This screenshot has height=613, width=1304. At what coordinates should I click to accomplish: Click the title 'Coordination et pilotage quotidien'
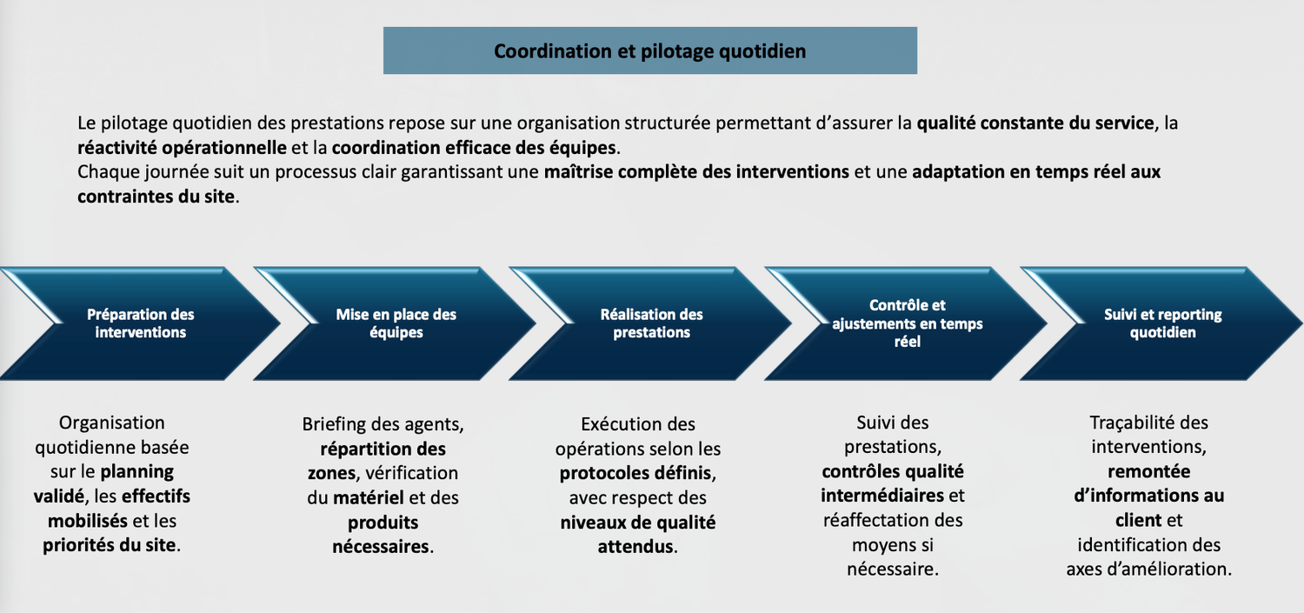pyautogui.click(x=649, y=51)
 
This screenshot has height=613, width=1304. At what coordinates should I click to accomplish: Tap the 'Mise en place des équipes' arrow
pyautogui.click(x=396, y=323)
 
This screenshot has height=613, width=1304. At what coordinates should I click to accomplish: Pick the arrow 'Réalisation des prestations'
pyautogui.click(x=651, y=323)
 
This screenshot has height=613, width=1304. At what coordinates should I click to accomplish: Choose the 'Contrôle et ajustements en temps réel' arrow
pyautogui.click(x=907, y=323)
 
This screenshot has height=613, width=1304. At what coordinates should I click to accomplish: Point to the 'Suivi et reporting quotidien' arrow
pyautogui.click(x=1162, y=323)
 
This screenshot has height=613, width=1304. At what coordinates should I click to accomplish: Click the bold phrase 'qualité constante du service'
pyautogui.click(x=1035, y=123)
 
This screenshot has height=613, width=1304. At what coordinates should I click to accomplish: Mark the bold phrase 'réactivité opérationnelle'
pyautogui.click(x=182, y=147)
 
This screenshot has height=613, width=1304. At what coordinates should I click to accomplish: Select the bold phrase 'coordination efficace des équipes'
pyautogui.click(x=474, y=147)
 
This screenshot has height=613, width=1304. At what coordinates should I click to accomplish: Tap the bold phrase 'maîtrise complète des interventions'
pyautogui.click(x=696, y=171)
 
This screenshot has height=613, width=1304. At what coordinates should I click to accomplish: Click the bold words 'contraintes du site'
pyautogui.click(x=156, y=196)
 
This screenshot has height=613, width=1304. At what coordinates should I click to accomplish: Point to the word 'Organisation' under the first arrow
pyautogui.click(x=111, y=423)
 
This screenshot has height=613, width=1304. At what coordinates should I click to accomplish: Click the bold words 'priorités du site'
pyautogui.click(x=110, y=546)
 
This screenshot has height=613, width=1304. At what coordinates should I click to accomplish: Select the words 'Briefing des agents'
pyautogui.click(x=382, y=425)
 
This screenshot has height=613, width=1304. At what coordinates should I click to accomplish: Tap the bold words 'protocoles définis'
pyautogui.click(x=636, y=474)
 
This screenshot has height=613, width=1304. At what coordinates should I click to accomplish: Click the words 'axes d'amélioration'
pyautogui.click(x=1148, y=570)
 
